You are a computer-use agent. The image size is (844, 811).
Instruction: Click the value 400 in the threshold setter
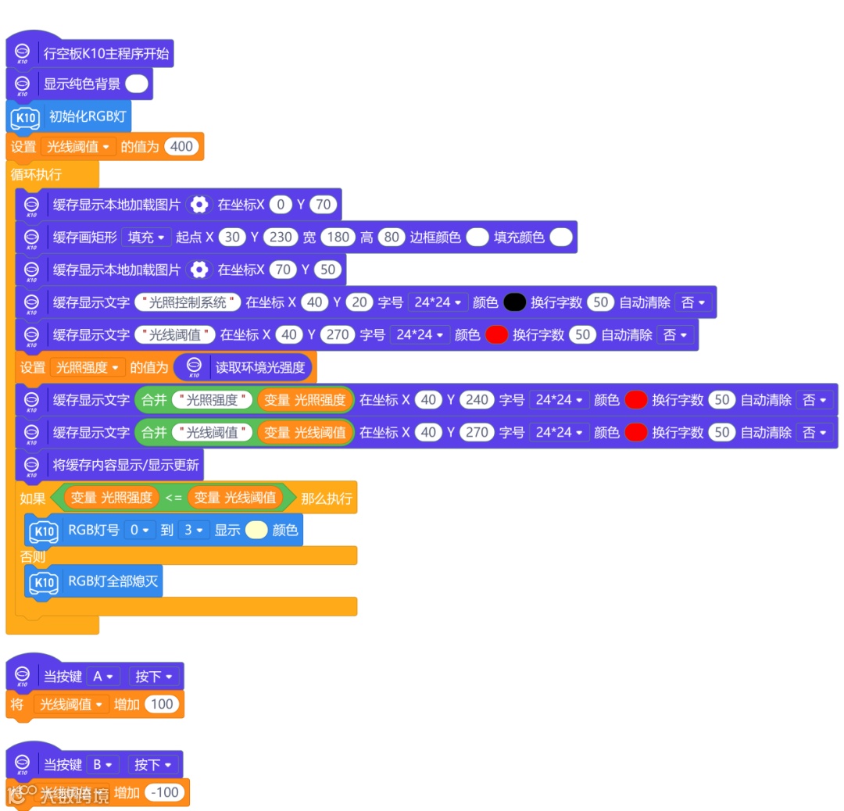[181, 146]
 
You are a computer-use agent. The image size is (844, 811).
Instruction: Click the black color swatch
[514, 302]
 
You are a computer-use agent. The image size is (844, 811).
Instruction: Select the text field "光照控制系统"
[188, 302]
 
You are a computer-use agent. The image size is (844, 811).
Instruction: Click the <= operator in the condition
[173, 497]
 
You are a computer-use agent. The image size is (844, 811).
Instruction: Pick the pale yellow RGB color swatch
[256, 530]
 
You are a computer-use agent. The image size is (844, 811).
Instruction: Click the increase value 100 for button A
[162, 704]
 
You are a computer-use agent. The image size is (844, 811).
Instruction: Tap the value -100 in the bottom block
[165, 792]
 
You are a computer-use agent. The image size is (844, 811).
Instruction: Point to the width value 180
[338, 237]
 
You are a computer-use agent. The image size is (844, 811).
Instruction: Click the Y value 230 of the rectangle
[280, 237]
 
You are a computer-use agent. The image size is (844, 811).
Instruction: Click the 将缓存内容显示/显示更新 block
[125, 465]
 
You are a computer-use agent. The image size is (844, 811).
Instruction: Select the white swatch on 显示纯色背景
[136, 84]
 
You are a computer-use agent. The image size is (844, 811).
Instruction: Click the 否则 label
[33, 557]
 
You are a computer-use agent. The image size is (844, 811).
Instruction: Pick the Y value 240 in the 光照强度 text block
[476, 400]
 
